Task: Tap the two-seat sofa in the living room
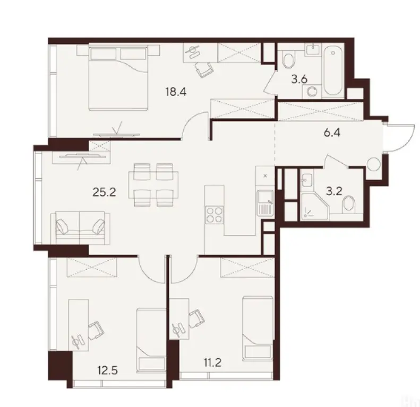tap(80, 226)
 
